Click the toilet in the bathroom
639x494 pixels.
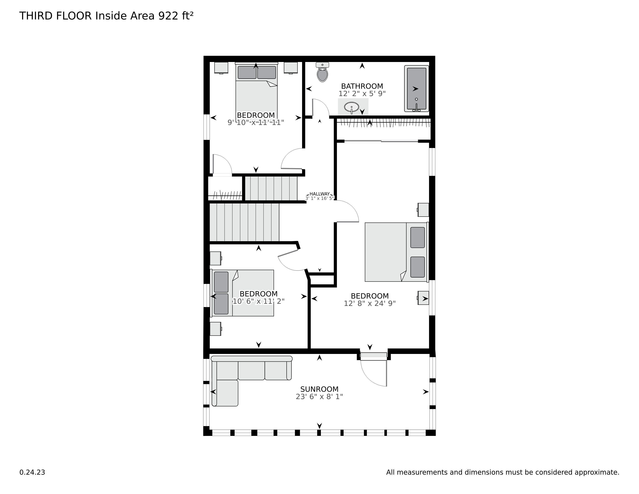click(322, 72)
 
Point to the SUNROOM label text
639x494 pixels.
click(319, 389)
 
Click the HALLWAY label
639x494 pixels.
click(319, 194)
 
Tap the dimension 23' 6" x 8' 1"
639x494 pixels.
click(319, 397)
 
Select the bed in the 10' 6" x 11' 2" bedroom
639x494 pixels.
click(242, 293)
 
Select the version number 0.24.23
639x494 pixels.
click(32, 472)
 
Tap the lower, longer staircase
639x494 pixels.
click(244, 222)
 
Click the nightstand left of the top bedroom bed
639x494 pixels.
click(221, 68)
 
